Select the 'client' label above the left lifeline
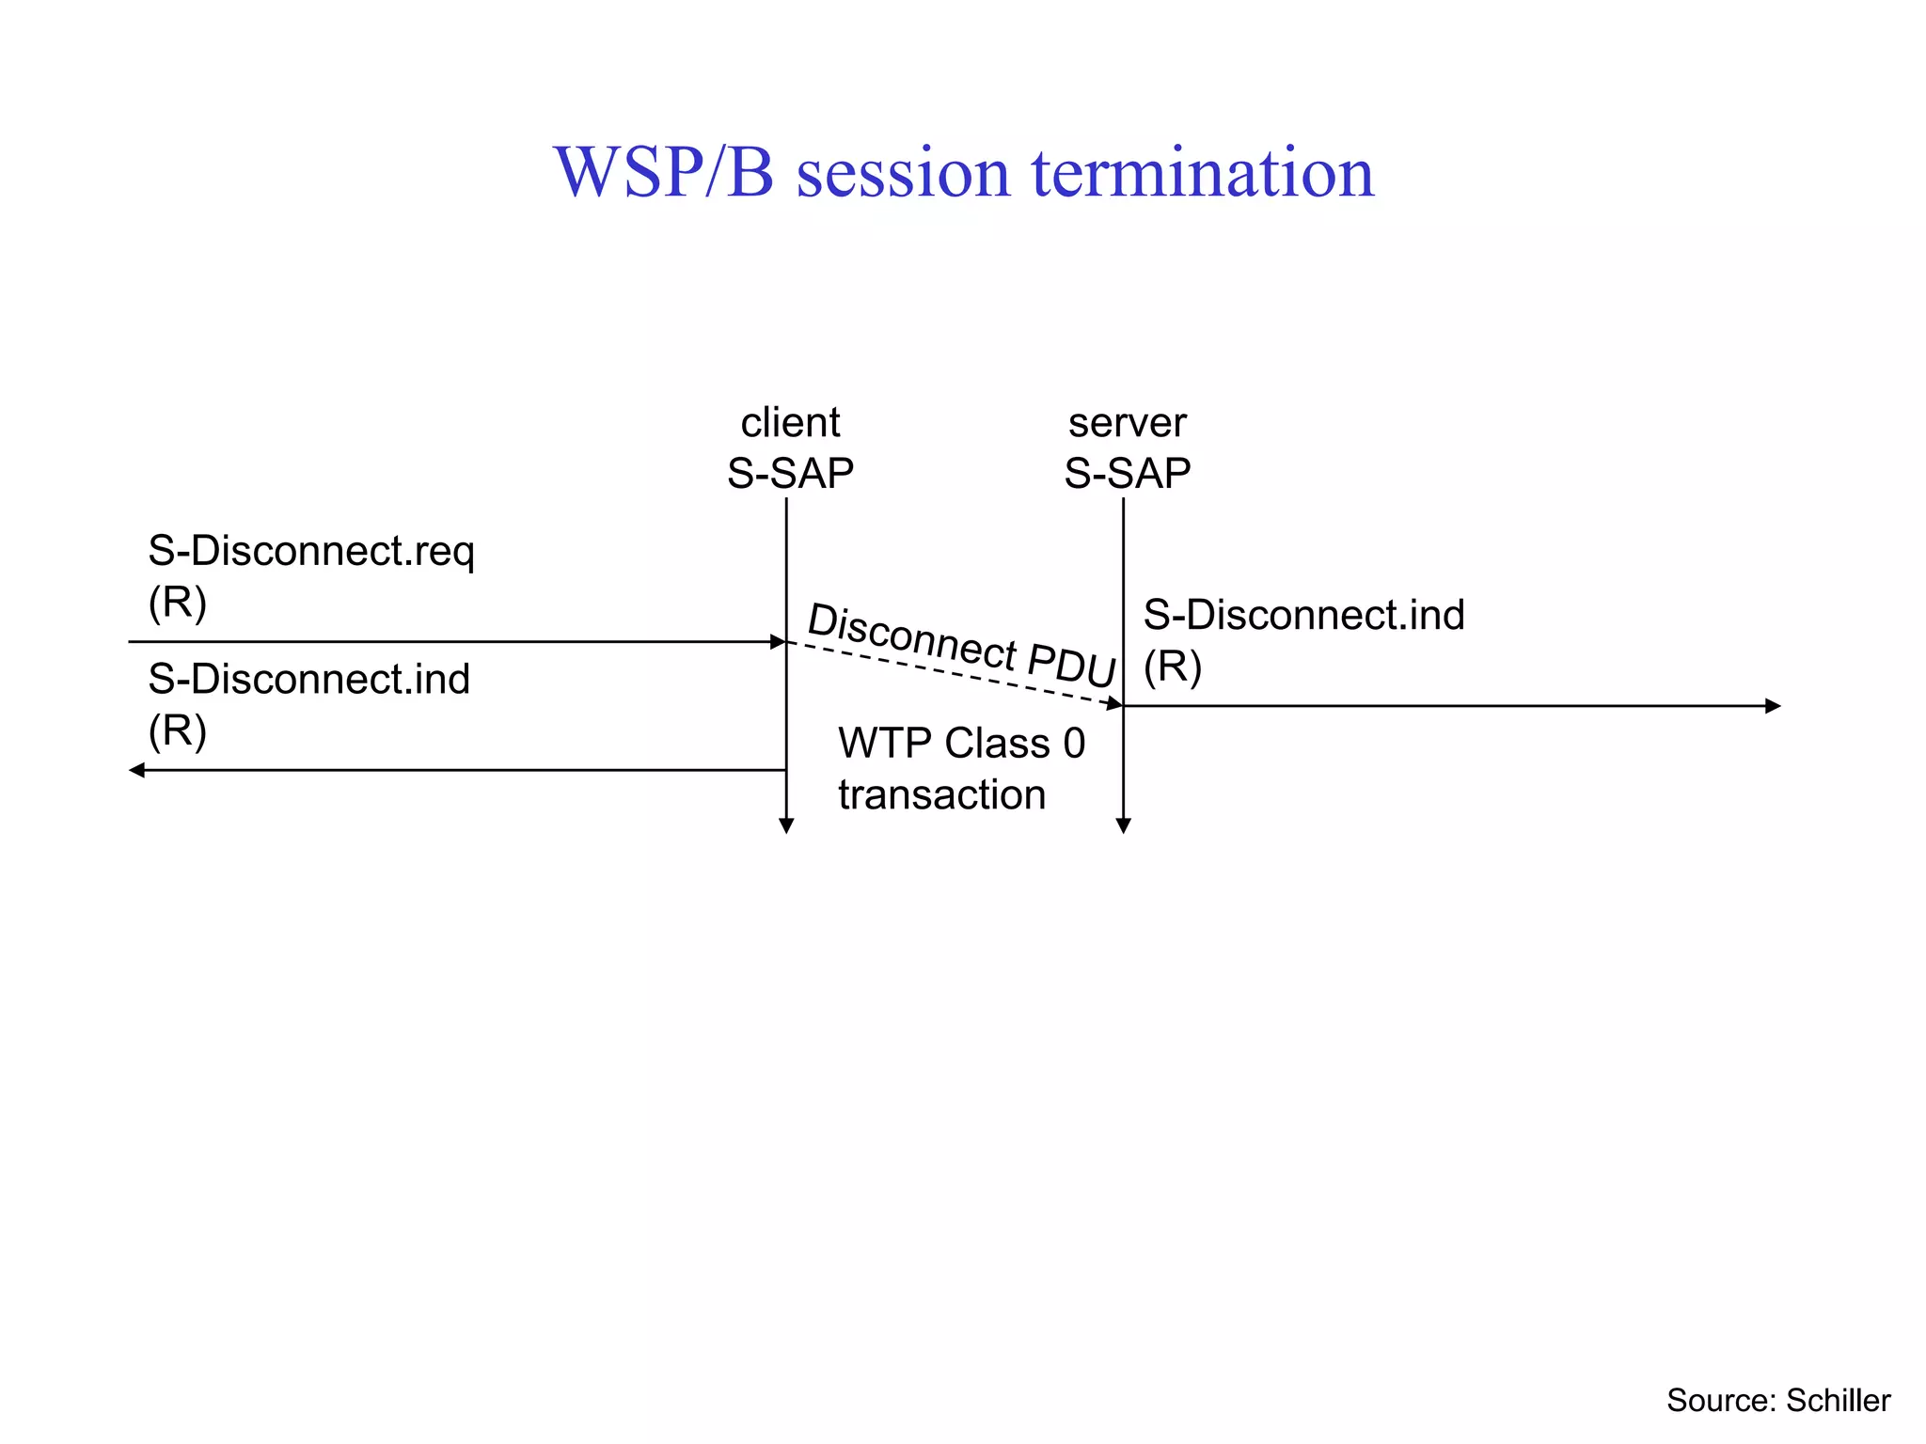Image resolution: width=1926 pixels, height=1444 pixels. click(x=790, y=423)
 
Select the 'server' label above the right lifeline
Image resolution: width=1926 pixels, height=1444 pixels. click(x=1127, y=423)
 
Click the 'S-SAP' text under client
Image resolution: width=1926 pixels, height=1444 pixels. click(x=790, y=473)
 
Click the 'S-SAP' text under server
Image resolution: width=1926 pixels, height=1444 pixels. click(x=1127, y=473)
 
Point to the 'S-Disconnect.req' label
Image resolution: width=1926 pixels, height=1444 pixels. click(x=311, y=552)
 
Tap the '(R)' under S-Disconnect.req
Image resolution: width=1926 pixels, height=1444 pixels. click(x=178, y=602)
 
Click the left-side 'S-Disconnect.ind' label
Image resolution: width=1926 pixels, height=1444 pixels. click(x=309, y=679)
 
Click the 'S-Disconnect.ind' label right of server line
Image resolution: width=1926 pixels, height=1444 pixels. click(x=1303, y=615)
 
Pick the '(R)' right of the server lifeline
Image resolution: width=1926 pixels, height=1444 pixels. click(x=1173, y=667)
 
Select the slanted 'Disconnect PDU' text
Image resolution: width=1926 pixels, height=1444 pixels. click(x=961, y=645)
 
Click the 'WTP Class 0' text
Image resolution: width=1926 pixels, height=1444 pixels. click(x=961, y=744)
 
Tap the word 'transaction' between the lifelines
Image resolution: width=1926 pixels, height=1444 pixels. click(x=941, y=794)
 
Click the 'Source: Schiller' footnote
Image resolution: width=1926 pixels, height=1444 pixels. click(x=1777, y=1401)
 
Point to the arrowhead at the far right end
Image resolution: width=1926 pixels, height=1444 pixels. click(x=1774, y=706)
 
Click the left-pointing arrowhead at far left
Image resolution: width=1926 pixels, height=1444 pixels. click(x=136, y=770)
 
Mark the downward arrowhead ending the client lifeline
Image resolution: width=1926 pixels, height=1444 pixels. click(x=786, y=826)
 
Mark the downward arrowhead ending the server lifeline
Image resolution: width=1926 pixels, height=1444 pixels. click(x=1123, y=826)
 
